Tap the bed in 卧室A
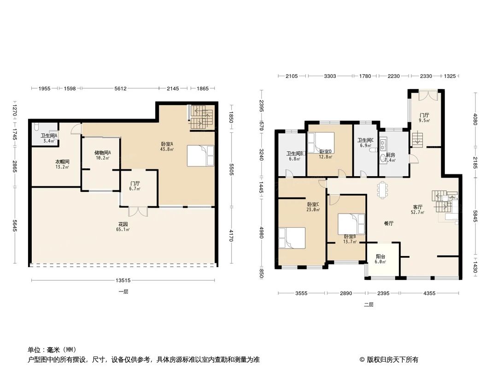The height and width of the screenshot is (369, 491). click(200, 155)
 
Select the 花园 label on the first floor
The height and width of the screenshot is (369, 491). click(122, 224)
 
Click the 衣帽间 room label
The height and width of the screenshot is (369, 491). click(63, 162)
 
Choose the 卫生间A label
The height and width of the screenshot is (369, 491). click(48, 136)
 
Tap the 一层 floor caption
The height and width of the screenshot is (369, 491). click(123, 292)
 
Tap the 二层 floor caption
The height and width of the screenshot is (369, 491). click(368, 304)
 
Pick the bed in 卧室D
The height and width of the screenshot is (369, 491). click(321, 140)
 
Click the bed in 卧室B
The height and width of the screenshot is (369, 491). click(351, 224)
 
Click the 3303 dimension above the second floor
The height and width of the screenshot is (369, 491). click(330, 76)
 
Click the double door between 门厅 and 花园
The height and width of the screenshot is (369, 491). click(138, 212)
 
